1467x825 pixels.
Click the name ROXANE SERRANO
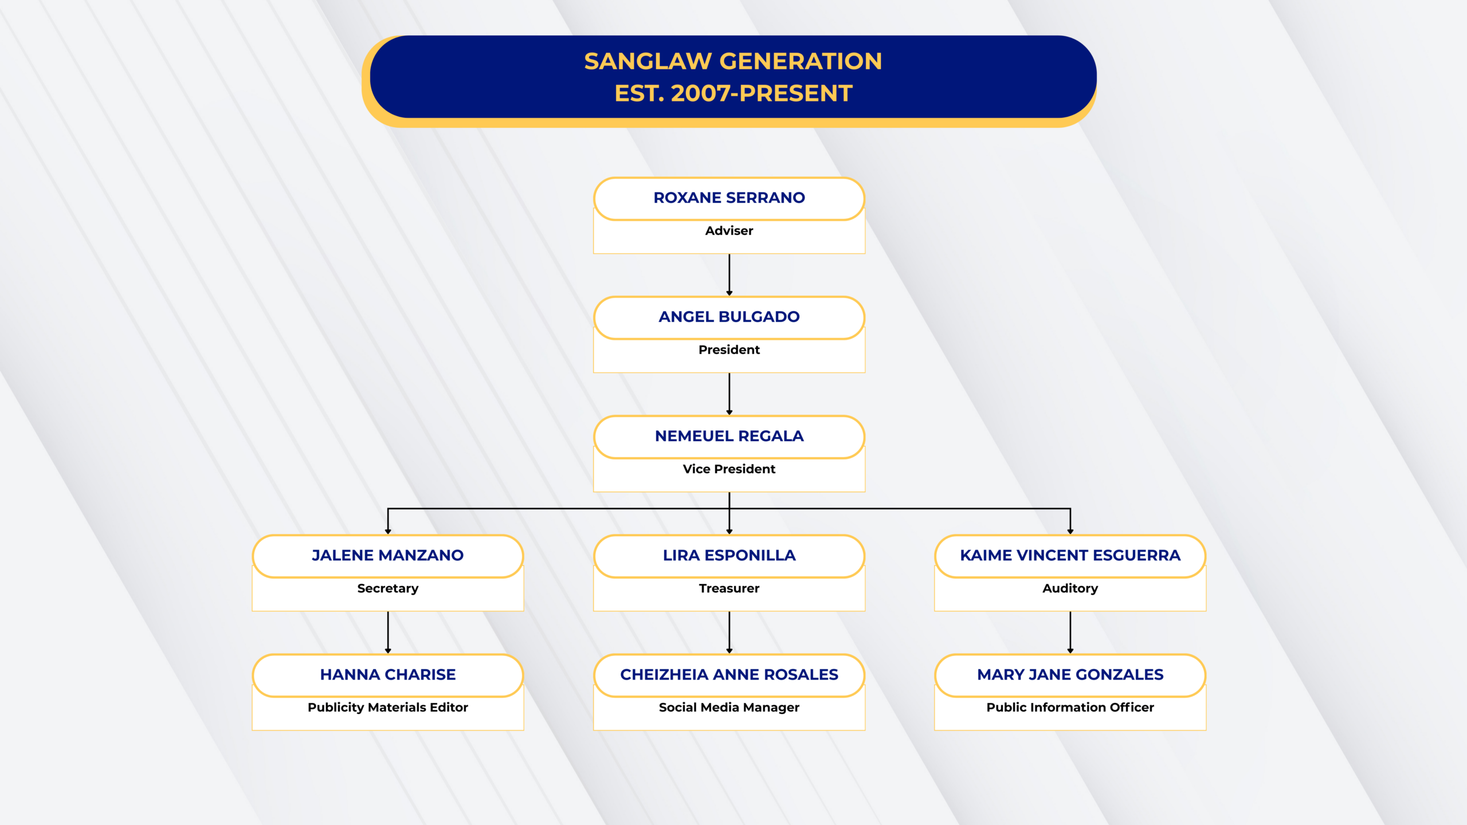tap(729, 198)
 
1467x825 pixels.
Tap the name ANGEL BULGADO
tap(729, 317)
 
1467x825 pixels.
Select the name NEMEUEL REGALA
tap(729, 436)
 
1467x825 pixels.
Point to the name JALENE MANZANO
tap(387, 555)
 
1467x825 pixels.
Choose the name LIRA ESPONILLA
tap(729, 555)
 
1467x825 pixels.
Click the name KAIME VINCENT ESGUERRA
tap(1070, 555)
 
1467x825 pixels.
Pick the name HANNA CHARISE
tap(387, 674)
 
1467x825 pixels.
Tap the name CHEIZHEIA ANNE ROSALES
tap(729, 674)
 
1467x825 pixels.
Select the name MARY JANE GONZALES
tap(1070, 674)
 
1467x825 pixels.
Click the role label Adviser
tap(729, 231)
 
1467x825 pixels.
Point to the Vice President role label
tap(729, 469)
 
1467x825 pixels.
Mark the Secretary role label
tap(387, 588)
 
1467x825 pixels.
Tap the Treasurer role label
tap(729, 588)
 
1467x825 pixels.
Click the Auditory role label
tap(1070, 588)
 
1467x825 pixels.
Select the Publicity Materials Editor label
tap(387, 708)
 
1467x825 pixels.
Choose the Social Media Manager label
tap(729, 708)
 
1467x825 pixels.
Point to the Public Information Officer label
tap(1070, 708)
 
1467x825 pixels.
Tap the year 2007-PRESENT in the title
tap(762, 93)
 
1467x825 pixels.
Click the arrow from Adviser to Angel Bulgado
tap(729, 275)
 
